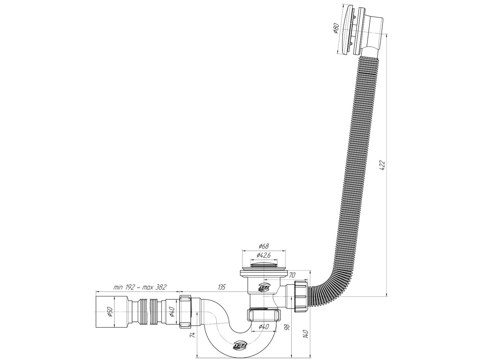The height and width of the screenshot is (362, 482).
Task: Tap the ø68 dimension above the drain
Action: tap(263, 246)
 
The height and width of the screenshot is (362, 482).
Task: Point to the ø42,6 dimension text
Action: tap(264, 255)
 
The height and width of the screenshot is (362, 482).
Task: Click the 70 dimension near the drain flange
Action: tap(292, 275)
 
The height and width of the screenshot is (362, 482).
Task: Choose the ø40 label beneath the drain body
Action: tap(263, 326)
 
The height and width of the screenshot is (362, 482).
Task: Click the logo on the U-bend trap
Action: tap(240, 345)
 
